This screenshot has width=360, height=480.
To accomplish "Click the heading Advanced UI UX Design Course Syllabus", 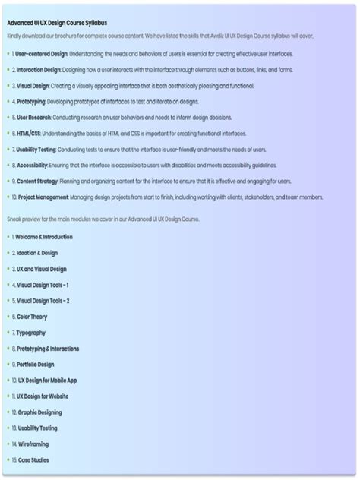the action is (57, 23).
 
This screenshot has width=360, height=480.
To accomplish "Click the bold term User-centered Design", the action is (43, 54).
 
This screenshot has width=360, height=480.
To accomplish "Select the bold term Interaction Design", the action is (39, 70).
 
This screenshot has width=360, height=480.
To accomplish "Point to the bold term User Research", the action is (34, 117).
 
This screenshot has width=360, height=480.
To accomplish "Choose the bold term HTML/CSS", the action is (29, 133).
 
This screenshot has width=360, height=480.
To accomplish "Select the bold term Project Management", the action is (45, 197).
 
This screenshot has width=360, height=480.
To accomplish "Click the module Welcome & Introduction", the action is (45, 237).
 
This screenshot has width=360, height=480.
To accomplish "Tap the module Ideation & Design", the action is (37, 253).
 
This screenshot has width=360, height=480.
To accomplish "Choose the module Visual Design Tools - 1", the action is (43, 285).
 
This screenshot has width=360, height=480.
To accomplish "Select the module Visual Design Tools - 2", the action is (43, 301).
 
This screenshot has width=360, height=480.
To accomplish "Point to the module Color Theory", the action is (32, 317).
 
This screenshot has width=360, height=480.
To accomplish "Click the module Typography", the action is (31, 333).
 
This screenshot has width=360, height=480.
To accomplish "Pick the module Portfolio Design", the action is (36, 365).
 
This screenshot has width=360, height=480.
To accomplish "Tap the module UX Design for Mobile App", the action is (47, 381).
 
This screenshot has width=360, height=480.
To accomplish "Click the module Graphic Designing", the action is (40, 412).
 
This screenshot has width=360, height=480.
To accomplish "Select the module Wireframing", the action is (33, 444).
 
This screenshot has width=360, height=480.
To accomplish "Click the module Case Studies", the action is (33, 460).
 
